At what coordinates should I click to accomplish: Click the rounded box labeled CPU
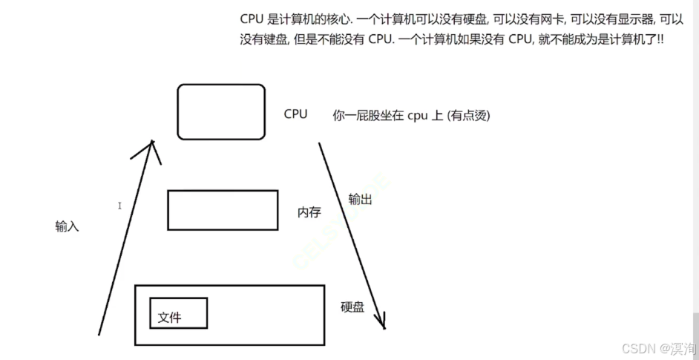pyautogui.click(x=221, y=111)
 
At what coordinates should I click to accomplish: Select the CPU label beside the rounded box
pyautogui.click(x=295, y=114)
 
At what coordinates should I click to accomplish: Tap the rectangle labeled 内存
pyautogui.click(x=223, y=210)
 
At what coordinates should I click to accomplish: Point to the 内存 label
pyautogui.click(x=309, y=212)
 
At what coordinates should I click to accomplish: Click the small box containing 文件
pyautogui.click(x=178, y=312)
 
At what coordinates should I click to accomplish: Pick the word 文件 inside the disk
pyautogui.click(x=169, y=318)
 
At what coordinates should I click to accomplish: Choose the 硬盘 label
pyautogui.click(x=352, y=307)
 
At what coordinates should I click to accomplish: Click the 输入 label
pyautogui.click(x=67, y=226)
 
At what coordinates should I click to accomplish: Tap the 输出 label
pyautogui.click(x=361, y=199)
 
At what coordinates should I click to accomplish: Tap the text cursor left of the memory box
pyautogui.click(x=119, y=206)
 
